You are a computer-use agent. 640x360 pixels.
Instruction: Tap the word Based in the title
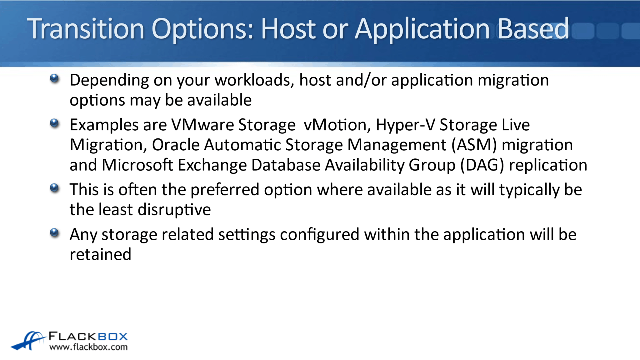pos(533,29)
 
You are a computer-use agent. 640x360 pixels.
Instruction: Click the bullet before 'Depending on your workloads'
pos(54,78)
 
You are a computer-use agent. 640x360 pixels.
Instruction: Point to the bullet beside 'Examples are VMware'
pos(54,123)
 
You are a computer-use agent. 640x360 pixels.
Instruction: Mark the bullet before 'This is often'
pos(54,188)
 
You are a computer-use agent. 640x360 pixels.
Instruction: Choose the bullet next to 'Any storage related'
pos(54,232)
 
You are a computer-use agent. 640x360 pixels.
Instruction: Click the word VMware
pos(202,125)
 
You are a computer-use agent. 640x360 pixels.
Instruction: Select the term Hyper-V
pos(405,125)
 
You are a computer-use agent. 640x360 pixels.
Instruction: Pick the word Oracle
pos(176,145)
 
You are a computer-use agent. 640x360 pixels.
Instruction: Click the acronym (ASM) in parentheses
pos(474,145)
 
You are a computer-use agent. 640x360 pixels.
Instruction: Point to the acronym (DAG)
pos(482,165)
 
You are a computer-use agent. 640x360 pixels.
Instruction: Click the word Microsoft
pos(137,165)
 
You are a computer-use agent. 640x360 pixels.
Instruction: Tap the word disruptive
pos(174,210)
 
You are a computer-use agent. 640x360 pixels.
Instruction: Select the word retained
pos(100,254)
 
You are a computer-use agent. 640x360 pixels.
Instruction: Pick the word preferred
pos(225,190)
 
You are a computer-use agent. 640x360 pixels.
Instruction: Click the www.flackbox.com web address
pos(88,347)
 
